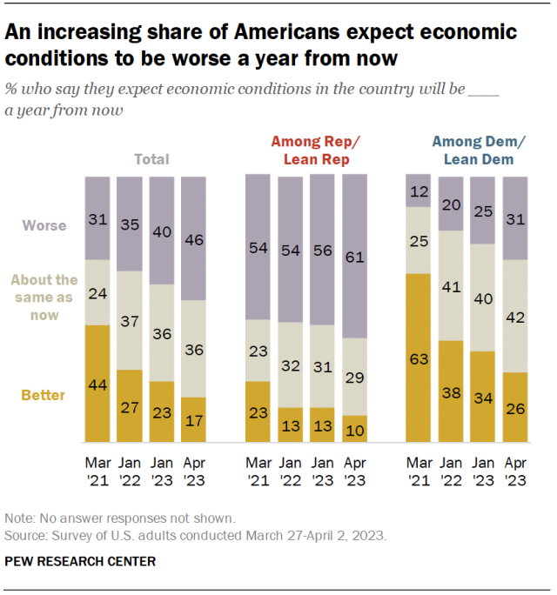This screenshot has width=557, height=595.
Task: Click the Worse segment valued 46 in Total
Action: pyautogui.click(x=194, y=238)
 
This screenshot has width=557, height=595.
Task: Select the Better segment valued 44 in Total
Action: pyautogui.click(x=97, y=383)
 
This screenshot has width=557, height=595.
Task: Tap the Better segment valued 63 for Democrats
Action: pyautogui.click(x=419, y=357)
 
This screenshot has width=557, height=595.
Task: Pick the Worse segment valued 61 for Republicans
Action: pyautogui.click(x=355, y=256)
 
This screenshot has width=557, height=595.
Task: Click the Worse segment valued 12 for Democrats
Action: pyautogui.click(x=419, y=191)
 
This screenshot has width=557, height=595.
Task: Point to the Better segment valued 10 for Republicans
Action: pyautogui.click(x=355, y=427)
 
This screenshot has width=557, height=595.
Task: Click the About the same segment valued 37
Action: pyautogui.click(x=130, y=320)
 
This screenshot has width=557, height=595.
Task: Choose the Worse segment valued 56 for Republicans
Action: pyautogui.click(x=323, y=250)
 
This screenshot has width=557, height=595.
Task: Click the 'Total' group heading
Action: pyautogui.click(x=151, y=159)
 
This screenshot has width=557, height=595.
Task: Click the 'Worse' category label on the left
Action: pyautogui.click(x=44, y=225)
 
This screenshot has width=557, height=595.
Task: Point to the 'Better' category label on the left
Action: pyautogui.click(x=44, y=394)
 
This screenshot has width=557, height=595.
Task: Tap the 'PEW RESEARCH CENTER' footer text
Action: pyautogui.click(x=80, y=561)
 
